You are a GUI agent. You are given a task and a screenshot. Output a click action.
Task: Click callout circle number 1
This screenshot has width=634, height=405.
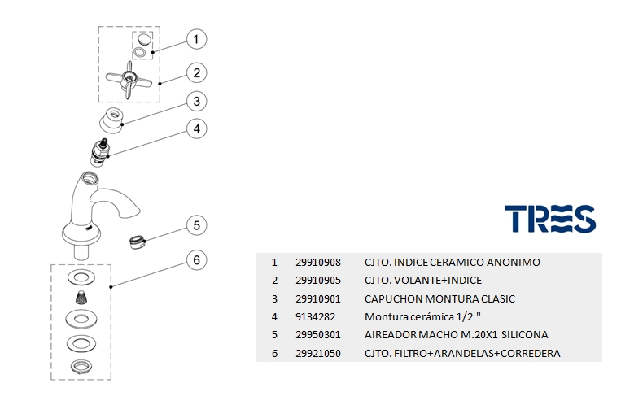pyautogui.click(x=196, y=39)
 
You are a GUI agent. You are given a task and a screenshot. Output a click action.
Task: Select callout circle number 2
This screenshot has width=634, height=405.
pyautogui.click(x=196, y=72)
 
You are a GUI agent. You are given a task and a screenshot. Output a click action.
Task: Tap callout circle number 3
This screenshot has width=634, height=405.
pyautogui.click(x=196, y=102)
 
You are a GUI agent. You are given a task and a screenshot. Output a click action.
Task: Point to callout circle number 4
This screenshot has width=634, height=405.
pyautogui.click(x=196, y=128)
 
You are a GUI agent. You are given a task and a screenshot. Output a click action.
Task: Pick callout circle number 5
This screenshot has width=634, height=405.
pyautogui.click(x=196, y=225)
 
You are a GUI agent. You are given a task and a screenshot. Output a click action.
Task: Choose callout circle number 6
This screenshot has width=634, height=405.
pyautogui.click(x=196, y=260)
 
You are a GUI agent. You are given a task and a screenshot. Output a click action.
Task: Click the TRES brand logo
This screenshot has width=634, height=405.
pyautogui.click(x=550, y=218)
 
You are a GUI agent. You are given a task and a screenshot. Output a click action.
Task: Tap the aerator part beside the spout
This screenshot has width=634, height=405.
pyautogui.click(x=138, y=241)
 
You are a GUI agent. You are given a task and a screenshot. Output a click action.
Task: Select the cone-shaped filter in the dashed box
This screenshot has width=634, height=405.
pyautogui.click(x=81, y=296)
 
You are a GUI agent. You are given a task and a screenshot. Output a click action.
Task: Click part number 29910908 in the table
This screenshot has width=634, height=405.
pyautogui.click(x=317, y=263)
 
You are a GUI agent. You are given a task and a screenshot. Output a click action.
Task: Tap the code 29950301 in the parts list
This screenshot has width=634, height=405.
pyautogui.click(x=317, y=335)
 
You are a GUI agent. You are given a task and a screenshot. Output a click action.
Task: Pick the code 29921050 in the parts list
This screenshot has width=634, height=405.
pyautogui.click(x=317, y=353)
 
